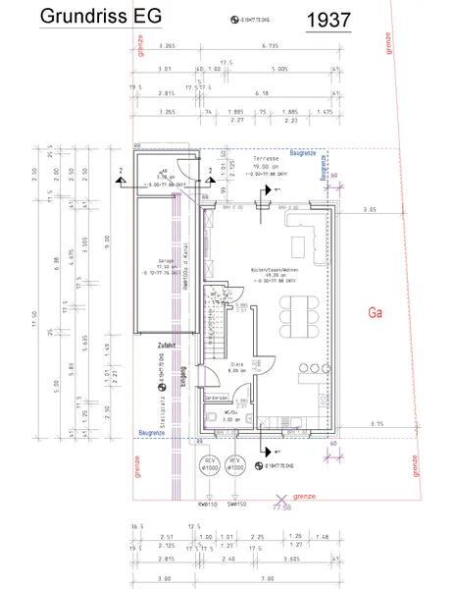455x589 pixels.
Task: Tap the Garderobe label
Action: click(x=217, y=398)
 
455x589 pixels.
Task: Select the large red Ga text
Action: click(x=374, y=314)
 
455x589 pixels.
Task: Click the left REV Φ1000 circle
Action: click(x=208, y=464)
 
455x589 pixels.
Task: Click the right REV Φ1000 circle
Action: click(x=234, y=464)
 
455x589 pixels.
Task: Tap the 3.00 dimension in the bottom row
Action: click(x=165, y=579)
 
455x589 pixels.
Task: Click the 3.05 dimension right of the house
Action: click(x=369, y=210)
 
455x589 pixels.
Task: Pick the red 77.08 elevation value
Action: click(x=282, y=508)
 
